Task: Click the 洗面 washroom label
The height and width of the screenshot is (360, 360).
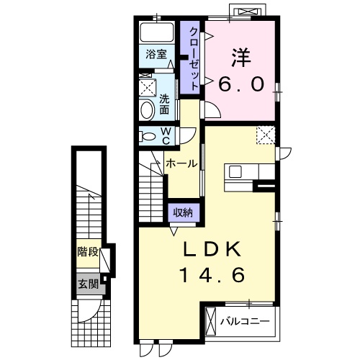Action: [x=165, y=104]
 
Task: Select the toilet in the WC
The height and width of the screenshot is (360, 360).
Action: [x=148, y=135]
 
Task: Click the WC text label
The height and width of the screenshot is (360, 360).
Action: [x=166, y=135]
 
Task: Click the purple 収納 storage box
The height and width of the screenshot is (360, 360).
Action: [x=181, y=212]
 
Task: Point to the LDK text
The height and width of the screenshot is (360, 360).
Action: [x=214, y=249]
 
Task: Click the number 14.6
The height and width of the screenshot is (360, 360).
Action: [x=214, y=275]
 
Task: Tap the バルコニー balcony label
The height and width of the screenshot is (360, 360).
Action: [x=246, y=320]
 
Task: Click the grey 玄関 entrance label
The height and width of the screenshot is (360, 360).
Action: [x=88, y=282]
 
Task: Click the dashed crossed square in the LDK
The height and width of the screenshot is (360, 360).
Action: [x=264, y=135]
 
